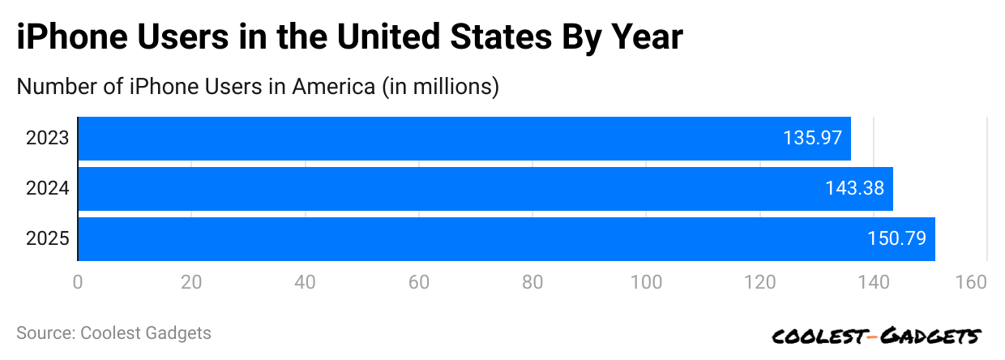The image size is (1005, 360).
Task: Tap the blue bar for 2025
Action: [x=506, y=239]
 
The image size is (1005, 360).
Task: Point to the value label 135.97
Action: [x=812, y=139]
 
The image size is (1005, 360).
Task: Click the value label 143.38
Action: [x=854, y=189]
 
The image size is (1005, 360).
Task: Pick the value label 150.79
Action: [x=896, y=239]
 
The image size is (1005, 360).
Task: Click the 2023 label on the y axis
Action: [x=47, y=139]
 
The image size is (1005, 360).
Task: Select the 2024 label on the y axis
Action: [x=47, y=189]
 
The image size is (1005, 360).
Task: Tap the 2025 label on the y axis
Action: [x=47, y=239]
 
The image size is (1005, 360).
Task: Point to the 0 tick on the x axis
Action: [x=78, y=283]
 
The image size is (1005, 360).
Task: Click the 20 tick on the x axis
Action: [x=191, y=283]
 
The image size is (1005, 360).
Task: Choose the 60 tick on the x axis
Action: [x=419, y=283]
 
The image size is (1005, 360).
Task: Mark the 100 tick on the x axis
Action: [x=647, y=283]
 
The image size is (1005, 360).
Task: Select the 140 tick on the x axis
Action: [x=874, y=283]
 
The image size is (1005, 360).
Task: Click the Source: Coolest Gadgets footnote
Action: [x=113, y=333]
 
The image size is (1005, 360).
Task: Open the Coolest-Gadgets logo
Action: [x=876, y=336]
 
